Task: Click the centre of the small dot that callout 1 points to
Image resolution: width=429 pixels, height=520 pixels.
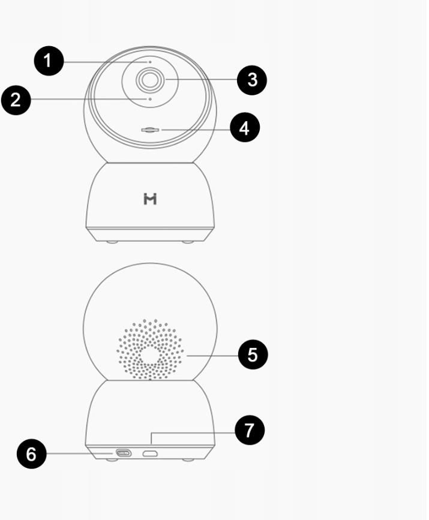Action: coord(150,62)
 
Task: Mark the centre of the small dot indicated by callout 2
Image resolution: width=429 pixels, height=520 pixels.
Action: coord(150,99)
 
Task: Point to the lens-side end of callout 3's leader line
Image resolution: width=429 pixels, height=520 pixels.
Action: coord(166,79)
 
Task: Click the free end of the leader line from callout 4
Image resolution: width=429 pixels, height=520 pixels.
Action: coord(162,130)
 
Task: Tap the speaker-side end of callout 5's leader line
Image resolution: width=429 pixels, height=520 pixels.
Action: coord(187,356)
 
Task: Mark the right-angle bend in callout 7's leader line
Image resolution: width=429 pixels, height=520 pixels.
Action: coord(151,433)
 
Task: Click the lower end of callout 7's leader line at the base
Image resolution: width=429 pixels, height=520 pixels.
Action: coord(151,444)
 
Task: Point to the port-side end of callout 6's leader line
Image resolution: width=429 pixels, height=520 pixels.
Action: coord(113,453)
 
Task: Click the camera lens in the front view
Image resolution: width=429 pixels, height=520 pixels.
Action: coord(149,80)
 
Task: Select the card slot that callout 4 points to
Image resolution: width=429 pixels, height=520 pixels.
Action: coord(150,130)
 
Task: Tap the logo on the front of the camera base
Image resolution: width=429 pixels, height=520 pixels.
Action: coord(150,199)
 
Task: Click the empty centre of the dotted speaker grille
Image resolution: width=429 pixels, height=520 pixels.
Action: coord(150,355)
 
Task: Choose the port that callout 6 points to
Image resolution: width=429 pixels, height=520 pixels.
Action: coord(123,453)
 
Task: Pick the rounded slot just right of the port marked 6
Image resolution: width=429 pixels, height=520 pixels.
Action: coord(150,453)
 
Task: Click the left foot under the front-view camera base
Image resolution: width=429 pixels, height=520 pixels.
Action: coord(112,242)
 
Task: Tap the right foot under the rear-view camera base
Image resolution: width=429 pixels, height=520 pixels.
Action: coord(188,459)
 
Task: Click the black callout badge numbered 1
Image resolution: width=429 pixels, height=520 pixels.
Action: coord(49,61)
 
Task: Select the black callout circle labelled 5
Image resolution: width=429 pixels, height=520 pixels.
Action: coord(253,354)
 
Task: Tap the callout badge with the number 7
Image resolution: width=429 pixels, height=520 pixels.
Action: coord(250,430)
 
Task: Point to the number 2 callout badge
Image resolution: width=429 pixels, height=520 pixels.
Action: coord(16,100)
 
